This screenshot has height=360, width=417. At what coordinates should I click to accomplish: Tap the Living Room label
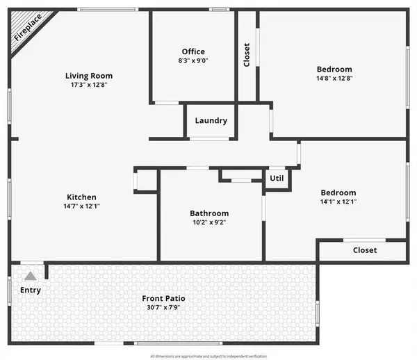[x=89, y=76]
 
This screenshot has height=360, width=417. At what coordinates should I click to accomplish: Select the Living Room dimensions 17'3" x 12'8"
[x=89, y=85]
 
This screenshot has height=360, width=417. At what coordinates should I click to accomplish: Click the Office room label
[x=193, y=51]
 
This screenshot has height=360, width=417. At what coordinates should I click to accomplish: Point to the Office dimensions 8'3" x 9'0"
[x=193, y=60]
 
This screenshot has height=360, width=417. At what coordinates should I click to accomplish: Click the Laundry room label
[x=211, y=120]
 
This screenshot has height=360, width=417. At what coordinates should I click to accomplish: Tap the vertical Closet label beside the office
[x=247, y=56]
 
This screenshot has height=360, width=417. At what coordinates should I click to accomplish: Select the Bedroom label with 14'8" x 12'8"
[x=334, y=69]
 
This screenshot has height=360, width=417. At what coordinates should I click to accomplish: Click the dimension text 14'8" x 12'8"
[x=334, y=78]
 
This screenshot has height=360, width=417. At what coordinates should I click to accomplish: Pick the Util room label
[x=277, y=178]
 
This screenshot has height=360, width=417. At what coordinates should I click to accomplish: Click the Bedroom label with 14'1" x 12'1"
[x=338, y=193]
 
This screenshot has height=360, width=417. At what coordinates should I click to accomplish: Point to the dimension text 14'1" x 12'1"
[x=338, y=202]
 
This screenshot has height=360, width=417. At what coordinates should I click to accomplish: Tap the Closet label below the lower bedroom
[x=365, y=250]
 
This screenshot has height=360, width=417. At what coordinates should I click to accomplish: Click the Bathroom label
[x=209, y=213]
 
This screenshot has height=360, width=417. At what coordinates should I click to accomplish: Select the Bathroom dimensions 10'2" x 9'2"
[x=209, y=222]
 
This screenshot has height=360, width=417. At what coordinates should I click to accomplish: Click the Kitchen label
[x=81, y=197]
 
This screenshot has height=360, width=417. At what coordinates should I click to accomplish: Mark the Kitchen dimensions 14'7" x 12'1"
[x=81, y=206]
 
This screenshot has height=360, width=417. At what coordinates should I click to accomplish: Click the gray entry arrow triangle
[x=30, y=276]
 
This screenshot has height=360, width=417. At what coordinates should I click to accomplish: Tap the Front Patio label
[x=165, y=299]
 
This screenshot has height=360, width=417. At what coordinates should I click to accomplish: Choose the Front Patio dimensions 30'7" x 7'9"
[x=165, y=307]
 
